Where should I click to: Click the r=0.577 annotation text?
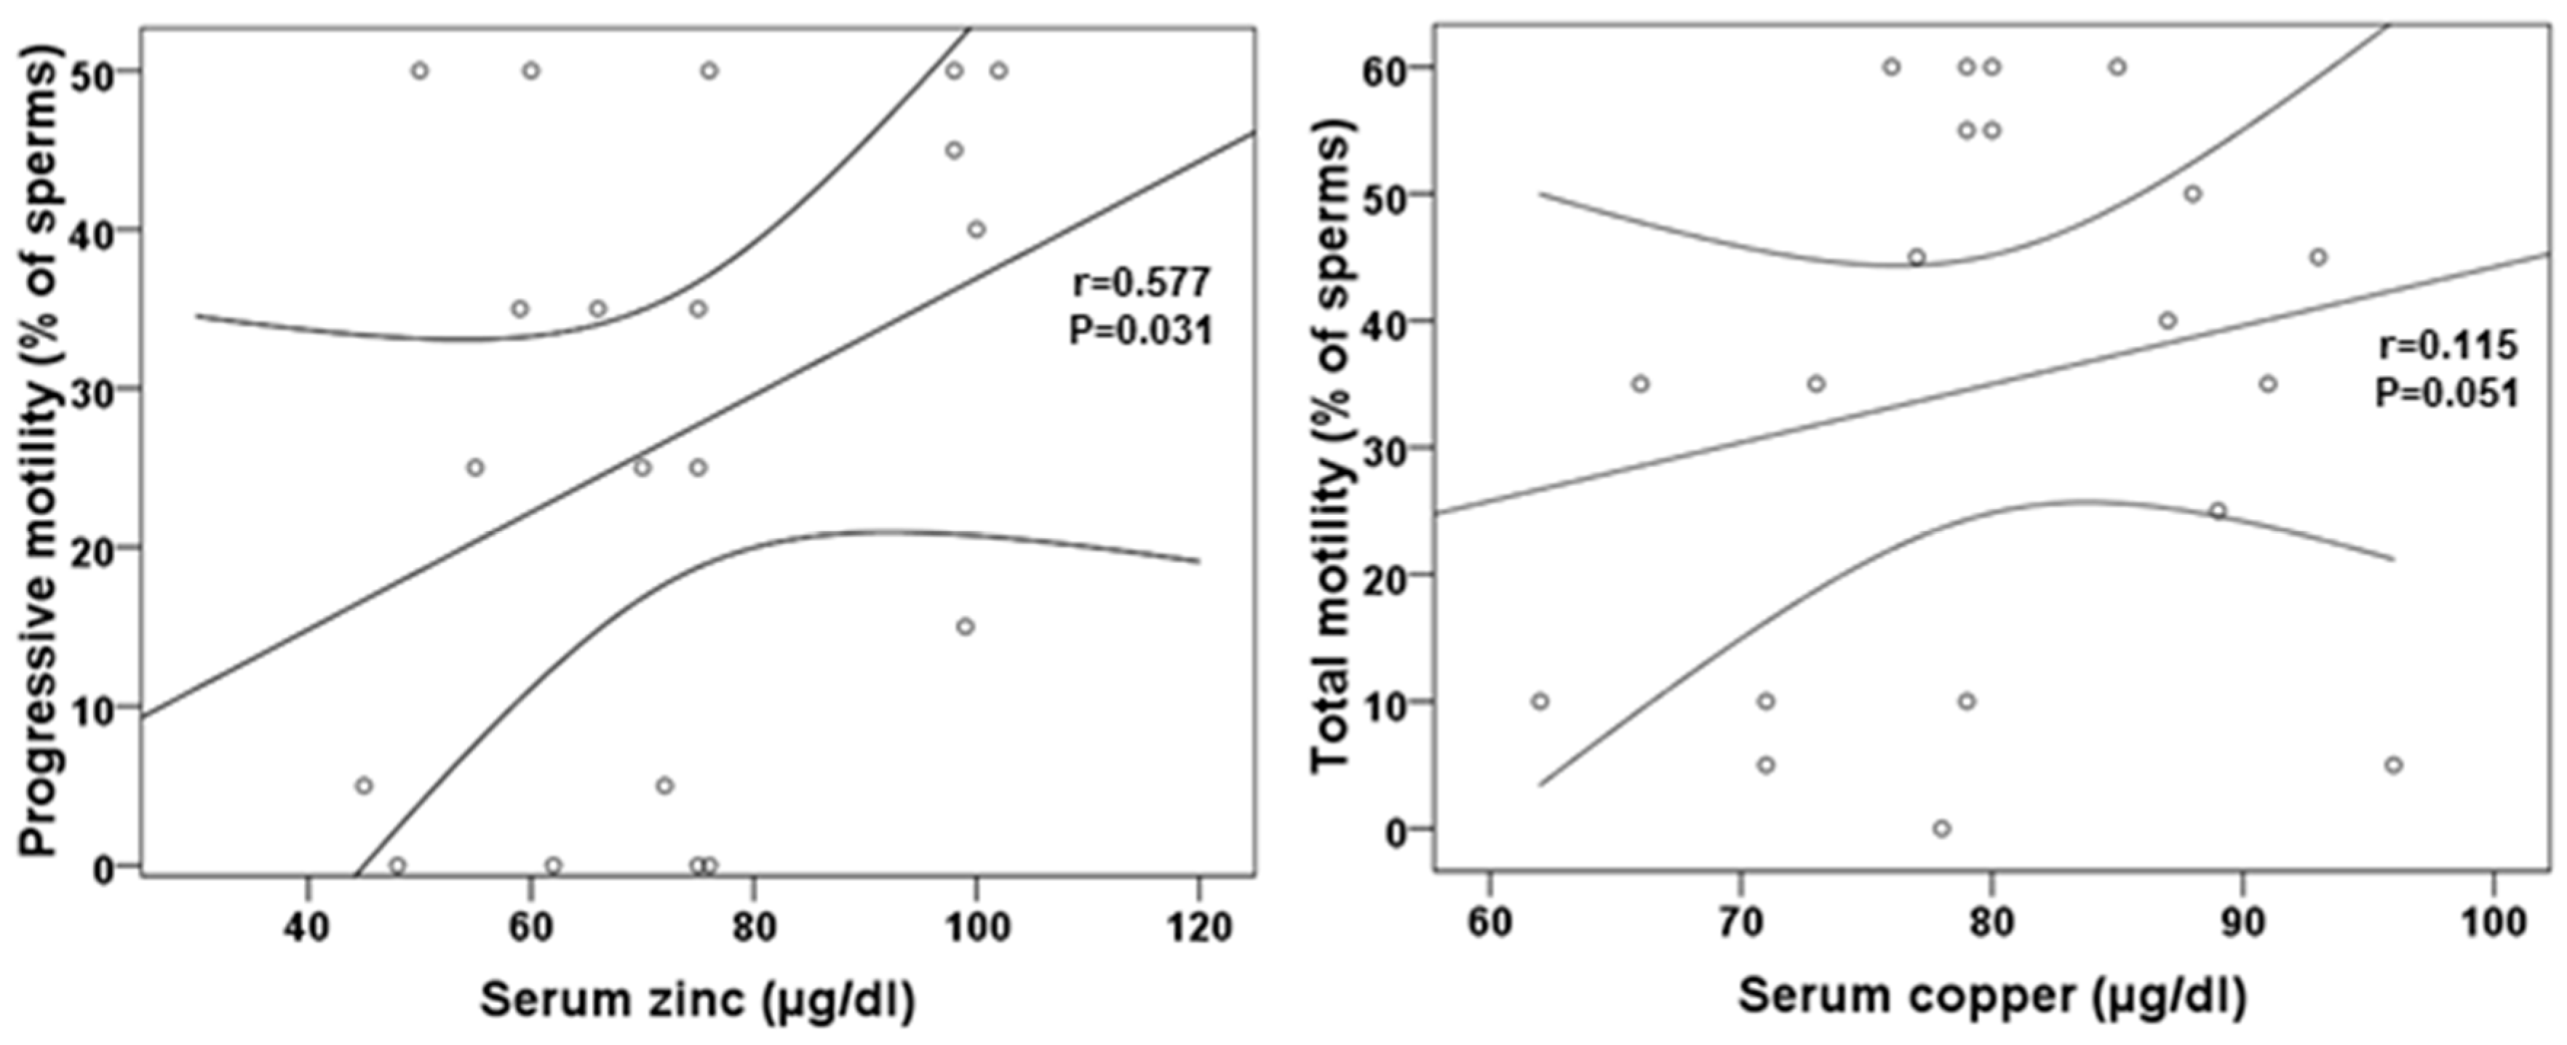(x=1141, y=283)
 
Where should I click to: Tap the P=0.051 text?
(x=2446, y=393)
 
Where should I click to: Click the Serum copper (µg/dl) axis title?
(x=1993, y=996)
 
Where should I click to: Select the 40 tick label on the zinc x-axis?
(x=307, y=927)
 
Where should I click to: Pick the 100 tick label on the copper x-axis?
(x=2494, y=921)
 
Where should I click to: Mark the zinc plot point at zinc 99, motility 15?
(x=965, y=627)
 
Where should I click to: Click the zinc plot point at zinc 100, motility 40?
(x=976, y=230)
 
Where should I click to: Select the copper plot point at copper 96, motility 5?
(x=2394, y=765)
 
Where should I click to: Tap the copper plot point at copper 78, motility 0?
(x=1941, y=829)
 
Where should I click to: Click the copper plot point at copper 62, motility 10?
(x=1540, y=701)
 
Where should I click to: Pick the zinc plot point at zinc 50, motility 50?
(x=420, y=71)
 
